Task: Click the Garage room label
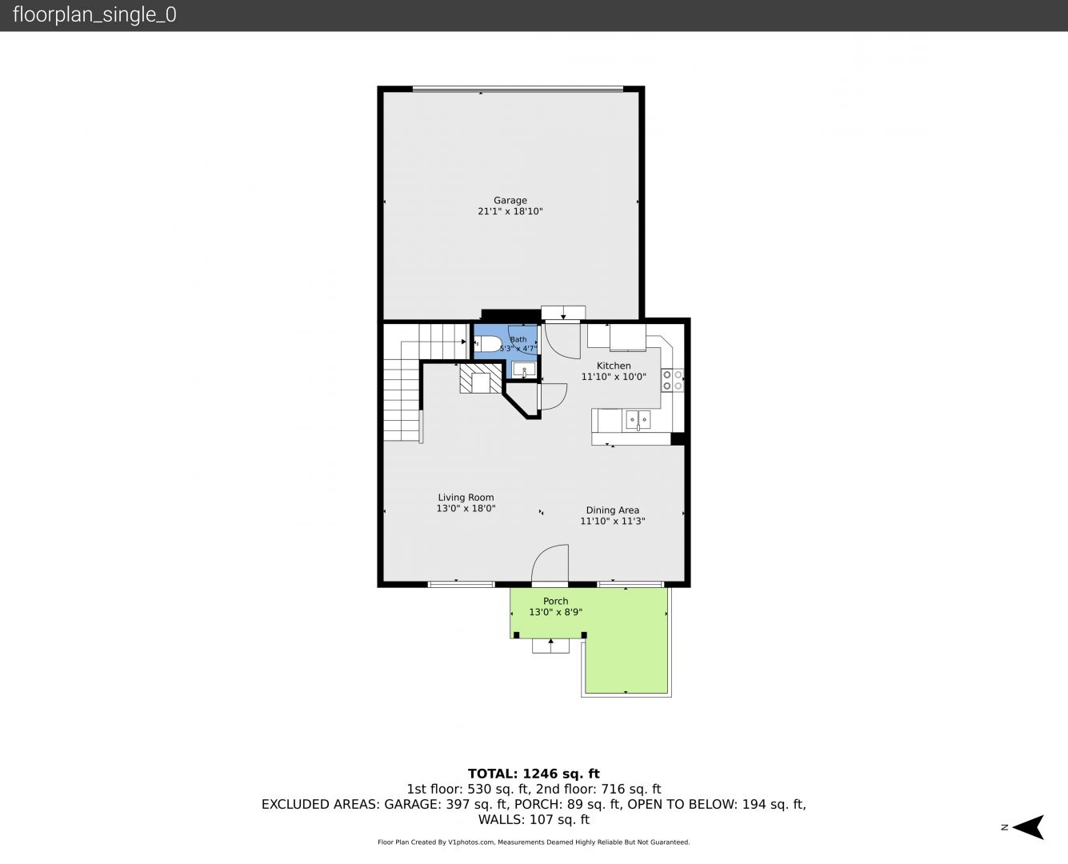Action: [510, 200]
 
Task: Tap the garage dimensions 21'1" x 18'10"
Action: [510, 211]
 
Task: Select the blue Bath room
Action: [506, 351]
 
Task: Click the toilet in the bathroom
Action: [487, 344]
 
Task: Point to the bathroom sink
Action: [524, 370]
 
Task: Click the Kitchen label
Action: [614, 366]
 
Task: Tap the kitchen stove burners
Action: [672, 380]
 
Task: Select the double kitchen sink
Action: [638, 420]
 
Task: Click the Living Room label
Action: [466, 497]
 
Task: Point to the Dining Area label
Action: [612, 510]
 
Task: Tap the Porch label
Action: [555, 601]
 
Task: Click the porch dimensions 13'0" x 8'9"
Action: [555, 612]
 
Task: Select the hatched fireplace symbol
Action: [480, 378]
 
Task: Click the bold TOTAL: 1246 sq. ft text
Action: [534, 774]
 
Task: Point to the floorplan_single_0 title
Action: [94, 15]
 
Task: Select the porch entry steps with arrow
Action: [550, 646]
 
